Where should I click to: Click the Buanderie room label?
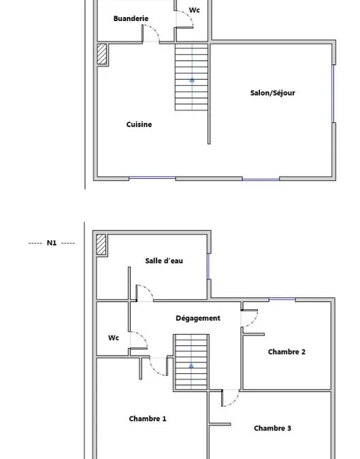tap(131, 18)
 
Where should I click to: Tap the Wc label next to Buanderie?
tap(194, 10)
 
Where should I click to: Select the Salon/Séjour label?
tap(272, 92)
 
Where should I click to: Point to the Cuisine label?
tap(139, 124)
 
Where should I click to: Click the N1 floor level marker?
tap(52, 243)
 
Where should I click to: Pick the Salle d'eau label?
tap(164, 260)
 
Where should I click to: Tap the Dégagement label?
tap(198, 318)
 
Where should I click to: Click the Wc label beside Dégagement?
tap(114, 338)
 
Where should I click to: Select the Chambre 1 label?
tap(148, 419)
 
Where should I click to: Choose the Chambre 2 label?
tap(287, 352)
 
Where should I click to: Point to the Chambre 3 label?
tap(272, 428)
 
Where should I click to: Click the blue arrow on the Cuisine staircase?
tap(192, 80)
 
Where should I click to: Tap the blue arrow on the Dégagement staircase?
tap(191, 366)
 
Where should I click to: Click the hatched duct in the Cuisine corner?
tap(102, 54)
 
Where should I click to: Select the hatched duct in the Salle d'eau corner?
tap(101, 244)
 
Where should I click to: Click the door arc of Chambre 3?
tap(233, 402)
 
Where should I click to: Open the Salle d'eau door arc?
tap(148, 289)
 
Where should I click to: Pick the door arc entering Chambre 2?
tap(255, 322)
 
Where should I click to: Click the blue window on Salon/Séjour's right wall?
tap(333, 94)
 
